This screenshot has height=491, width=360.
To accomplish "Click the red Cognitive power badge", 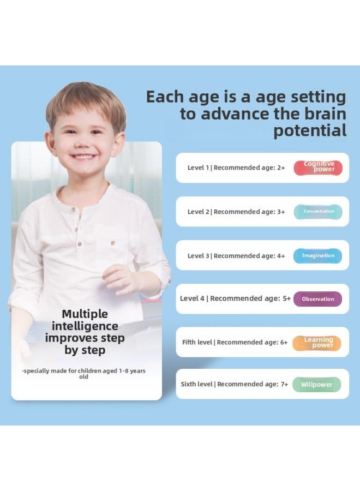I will (x=318, y=167).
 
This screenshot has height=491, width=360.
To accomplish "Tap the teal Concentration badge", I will (x=318, y=212).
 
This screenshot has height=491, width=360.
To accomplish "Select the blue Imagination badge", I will (x=318, y=255).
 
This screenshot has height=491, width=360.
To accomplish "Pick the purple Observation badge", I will (x=317, y=299).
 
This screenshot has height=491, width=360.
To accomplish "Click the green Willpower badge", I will (x=316, y=385).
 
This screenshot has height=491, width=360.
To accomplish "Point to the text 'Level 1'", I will (x=199, y=168).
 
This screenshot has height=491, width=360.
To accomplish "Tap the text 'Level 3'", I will (x=199, y=256).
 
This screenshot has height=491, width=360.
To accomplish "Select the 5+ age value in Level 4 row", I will (x=286, y=299).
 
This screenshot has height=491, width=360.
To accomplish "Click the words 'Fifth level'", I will (x=197, y=343).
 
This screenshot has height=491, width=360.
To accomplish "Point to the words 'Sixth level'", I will (x=196, y=385).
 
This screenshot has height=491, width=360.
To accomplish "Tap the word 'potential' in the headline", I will (x=310, y=131).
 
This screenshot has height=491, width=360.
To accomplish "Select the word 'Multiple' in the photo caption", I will (x=85, y=314).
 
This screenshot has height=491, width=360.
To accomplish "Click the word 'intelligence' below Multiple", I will (x=85, y=326).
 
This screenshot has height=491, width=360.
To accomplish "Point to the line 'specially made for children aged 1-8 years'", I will (x=84, y=371).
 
